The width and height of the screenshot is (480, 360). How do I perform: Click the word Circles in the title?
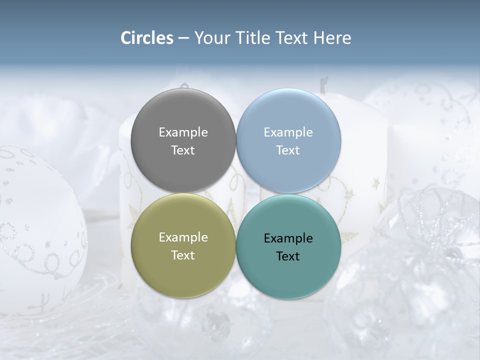[x=147, y=38]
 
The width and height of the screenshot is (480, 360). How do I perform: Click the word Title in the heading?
[x=254, y=38]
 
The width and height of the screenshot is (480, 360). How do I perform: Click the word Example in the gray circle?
[x=183, y=132]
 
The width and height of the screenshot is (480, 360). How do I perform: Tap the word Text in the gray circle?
[x=183, y=150]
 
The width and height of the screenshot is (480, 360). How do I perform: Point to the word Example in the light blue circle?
[x=288, y=132]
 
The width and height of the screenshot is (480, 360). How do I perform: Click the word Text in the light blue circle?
[x=288, y=150]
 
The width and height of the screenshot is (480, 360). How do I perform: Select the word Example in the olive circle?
[x=183, y=237]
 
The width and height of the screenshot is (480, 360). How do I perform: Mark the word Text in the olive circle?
[x=183, y=255]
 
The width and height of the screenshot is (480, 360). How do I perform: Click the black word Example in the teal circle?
[x=288, y=238]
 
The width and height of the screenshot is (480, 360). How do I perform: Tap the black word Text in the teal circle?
[x=288, y=256]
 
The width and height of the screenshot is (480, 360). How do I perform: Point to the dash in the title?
[x=183, y=38]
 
